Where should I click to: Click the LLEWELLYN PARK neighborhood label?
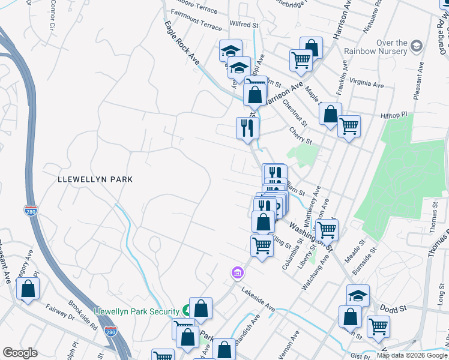(x=95, y=179)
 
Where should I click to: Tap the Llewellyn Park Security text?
(x=137, y=311)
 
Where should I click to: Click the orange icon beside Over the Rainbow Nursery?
(x=416, y=46)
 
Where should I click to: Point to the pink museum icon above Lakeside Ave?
(x=238, y=273)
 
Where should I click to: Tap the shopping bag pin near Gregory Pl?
(x=28, y=289)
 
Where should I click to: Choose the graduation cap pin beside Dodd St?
(x=358, y=295)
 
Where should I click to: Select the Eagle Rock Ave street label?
(x=181, y=43)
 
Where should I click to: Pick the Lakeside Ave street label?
(x=258, y=299)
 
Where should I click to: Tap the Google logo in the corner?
(x=20, y=353)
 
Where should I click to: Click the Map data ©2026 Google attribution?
(x=412, y=355)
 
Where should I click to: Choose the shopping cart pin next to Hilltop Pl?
(x=349, y=127)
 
